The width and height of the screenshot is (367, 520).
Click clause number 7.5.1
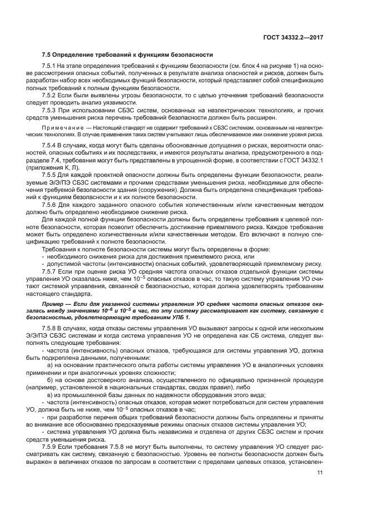coord(50,66)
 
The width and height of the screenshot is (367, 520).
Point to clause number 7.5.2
coord(50,95)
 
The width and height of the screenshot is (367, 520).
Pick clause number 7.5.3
coord(50,110)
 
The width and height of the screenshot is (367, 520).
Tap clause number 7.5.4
coord(50,145)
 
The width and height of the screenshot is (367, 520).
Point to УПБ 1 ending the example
coord(180,317)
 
